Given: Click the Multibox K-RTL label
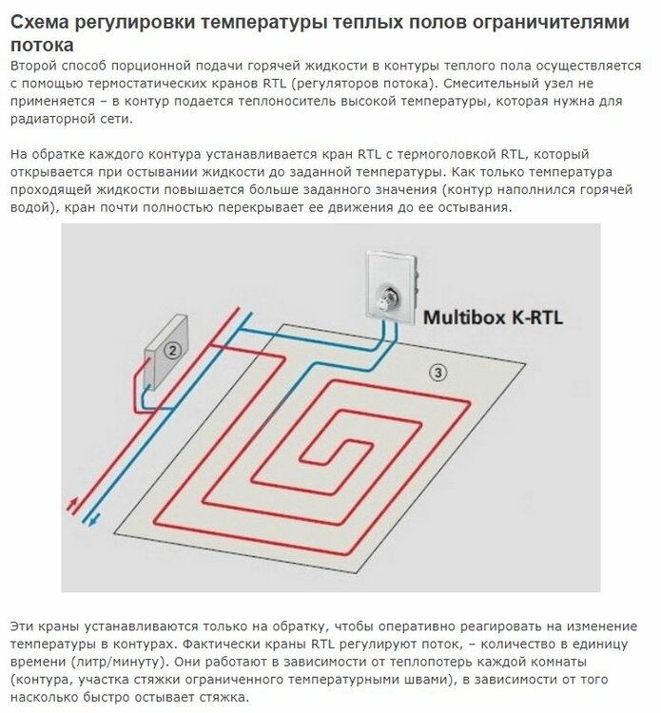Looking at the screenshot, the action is pyautogui.click(x=493, y=317).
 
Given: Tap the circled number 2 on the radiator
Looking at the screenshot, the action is pyautogui.click(x=172, y=350).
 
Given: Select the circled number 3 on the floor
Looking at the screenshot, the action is pyautogui.click(x=437, y=373).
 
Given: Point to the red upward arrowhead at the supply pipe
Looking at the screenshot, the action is pyautogui.click(x=72, y=503).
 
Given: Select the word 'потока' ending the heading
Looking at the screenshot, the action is pyautogui.click(x=42, y=46).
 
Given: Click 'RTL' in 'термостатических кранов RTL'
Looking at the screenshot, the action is pyautogui.click(x=274, y=84).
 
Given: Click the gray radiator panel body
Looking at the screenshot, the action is pyautogui.click(x=166, y=353).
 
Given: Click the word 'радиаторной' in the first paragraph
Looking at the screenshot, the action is pyautogui.click(x=52, y=119).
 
